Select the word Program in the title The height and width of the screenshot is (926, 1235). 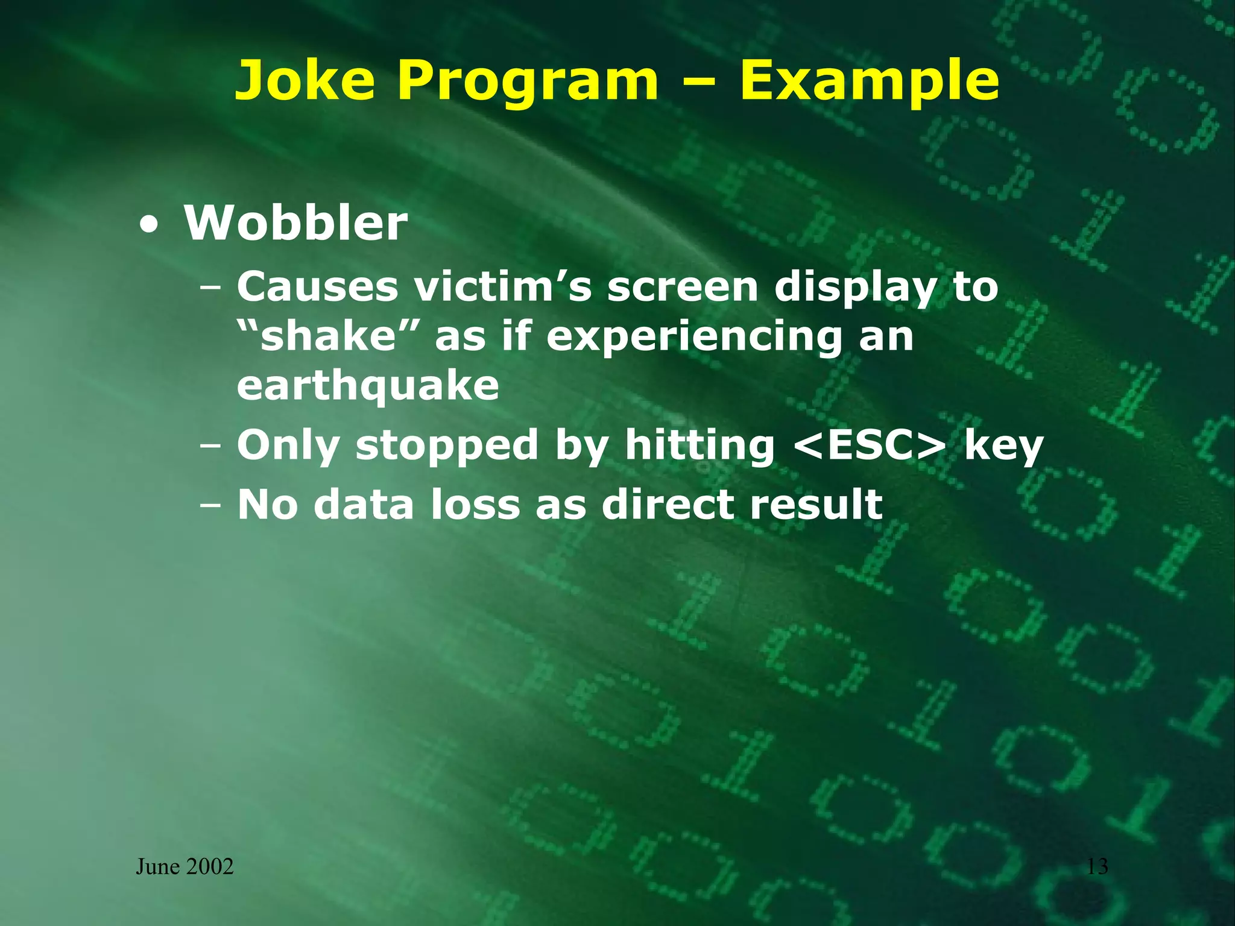pyautogui.click(x=528, y=81)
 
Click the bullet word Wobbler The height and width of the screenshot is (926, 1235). pyautogui.click(x=295, y=224)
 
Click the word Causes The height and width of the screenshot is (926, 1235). pyautogui.click(x=317, y=287)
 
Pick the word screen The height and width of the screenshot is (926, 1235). pyautogui.click(x=681, y=287)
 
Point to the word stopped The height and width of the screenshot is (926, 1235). pyautogui.click(x=446, y=446)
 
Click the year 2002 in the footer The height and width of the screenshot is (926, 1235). pyautogui.click(x=210, y=867)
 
